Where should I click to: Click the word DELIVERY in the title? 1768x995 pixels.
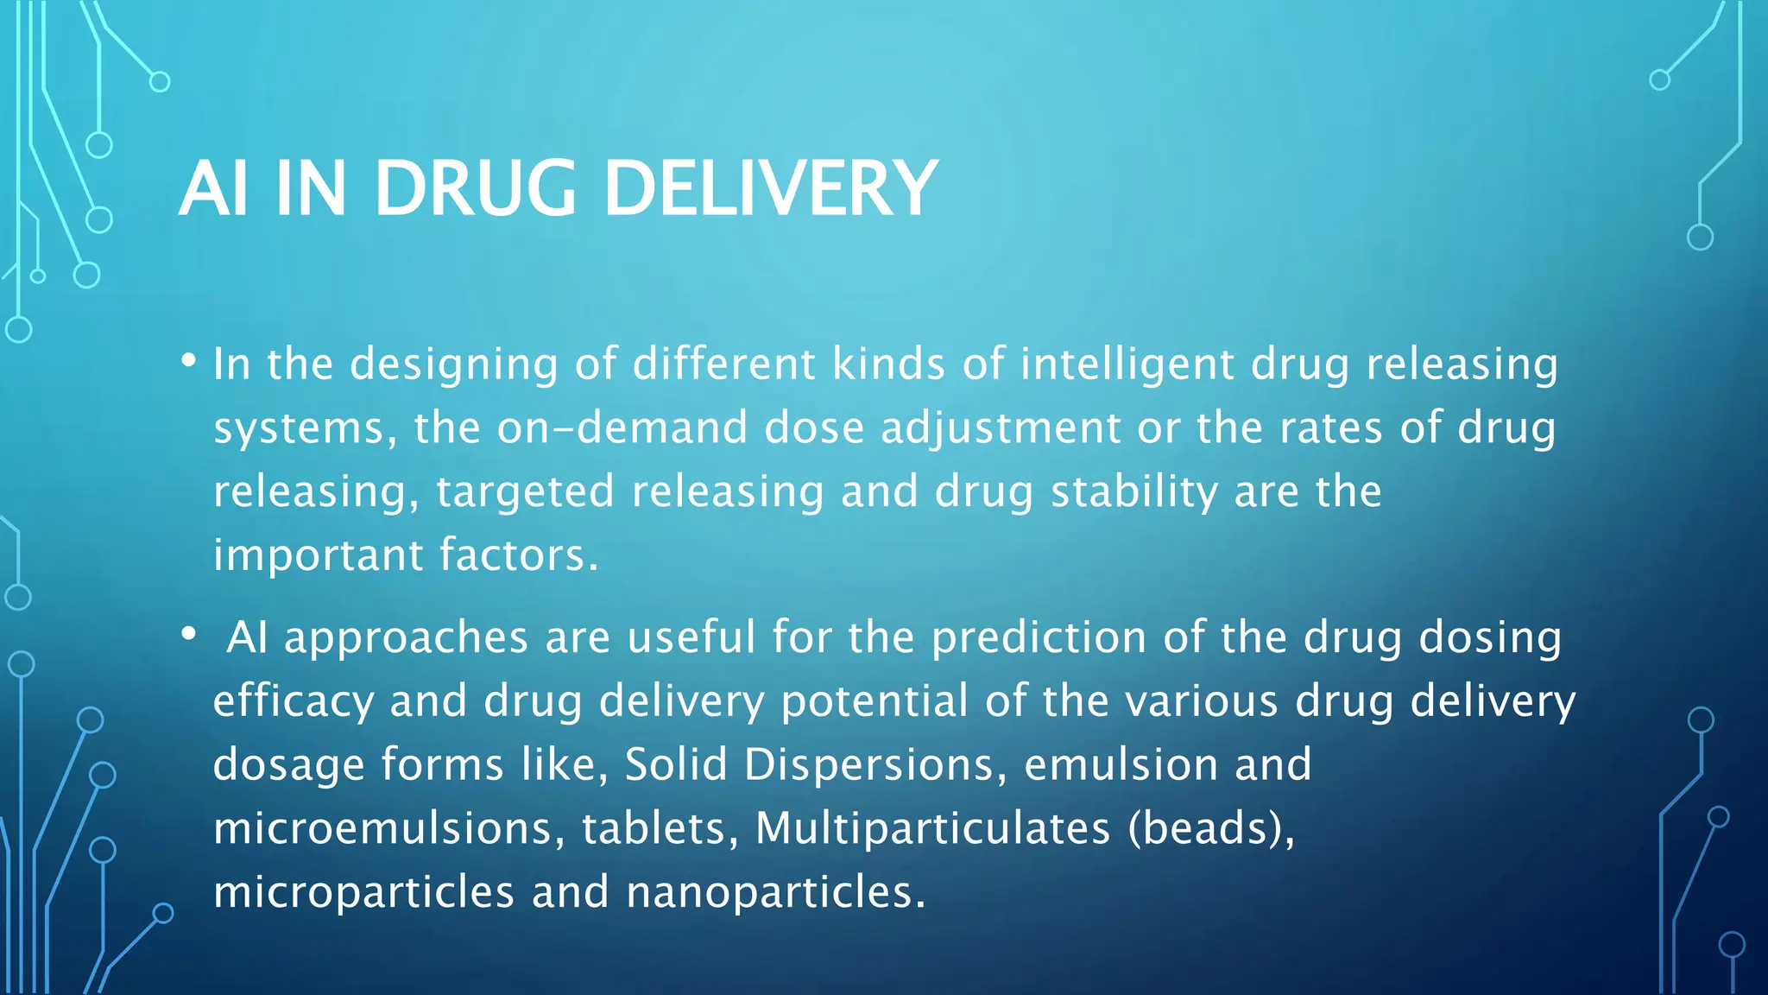(x=770, y=188)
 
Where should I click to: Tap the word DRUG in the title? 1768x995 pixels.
(x=475, y=188)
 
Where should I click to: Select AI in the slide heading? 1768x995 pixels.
(x=214, y=188)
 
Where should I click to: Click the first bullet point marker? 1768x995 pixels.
(x=189, y=361)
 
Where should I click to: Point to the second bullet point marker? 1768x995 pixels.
(x=189, y=635)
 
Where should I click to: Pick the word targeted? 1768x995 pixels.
(x=525, y=492)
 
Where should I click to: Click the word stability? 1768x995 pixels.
(x=1133, y=492)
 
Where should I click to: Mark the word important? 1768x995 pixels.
(x=317, y=555)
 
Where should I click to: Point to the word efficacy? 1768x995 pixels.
(x=294, y=701)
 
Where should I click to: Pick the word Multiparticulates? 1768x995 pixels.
(x=932, y=828)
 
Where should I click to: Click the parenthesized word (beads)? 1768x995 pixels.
(x=1210, y=828)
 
